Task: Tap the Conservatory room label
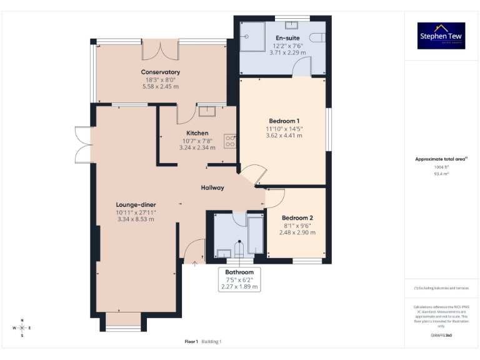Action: [161, 72]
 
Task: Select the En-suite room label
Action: [287, 38]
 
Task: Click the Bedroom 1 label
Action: [284, 121]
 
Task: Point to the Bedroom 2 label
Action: [297, 217]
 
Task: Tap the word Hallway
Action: [212, 187]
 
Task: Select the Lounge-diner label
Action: [136, 204]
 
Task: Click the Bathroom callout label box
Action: [239, 279]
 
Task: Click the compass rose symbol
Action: [22, 327]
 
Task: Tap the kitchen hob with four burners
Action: [229, 142]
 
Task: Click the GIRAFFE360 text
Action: [441, 336]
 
